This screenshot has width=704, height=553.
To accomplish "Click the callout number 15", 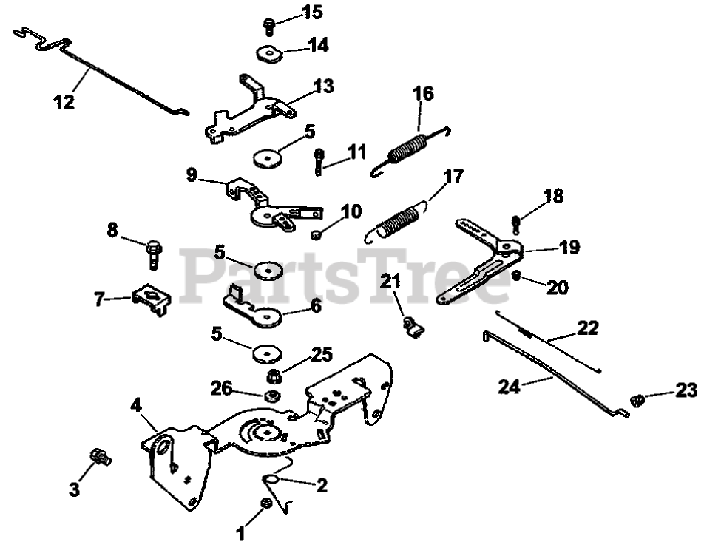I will click(x=313, y=13).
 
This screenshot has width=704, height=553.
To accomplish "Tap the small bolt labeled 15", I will click(x=269, y=27).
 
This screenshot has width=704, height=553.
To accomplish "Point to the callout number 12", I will click(x=64, y=102).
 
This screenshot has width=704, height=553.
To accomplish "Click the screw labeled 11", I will click(x=319, y=161).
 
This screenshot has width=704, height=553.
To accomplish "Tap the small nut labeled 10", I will click(x=316, y=234).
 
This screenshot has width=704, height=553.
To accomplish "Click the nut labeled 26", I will click(x=269, y=396).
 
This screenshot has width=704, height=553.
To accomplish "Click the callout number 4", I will click(x=136, y=404).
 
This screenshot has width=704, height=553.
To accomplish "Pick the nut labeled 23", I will click(x=636, y=400).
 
